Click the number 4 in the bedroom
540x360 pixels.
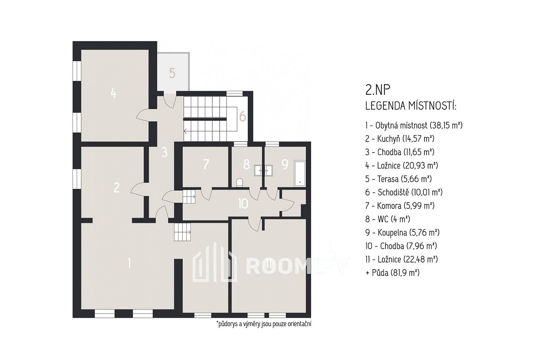113,93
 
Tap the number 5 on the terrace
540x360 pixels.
172,73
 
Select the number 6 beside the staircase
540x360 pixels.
243,117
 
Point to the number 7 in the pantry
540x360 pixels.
206,165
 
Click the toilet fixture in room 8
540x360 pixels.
240,183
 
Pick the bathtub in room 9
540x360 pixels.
300,174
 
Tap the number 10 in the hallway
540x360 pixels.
243,204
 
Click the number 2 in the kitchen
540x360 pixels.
117,187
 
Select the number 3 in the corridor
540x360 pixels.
165,152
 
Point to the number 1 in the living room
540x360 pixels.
130,263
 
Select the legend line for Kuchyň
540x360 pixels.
400,139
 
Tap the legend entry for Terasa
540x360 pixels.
399,179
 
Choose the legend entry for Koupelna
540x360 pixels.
402,233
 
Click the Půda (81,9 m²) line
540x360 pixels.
392,273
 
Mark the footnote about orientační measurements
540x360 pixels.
264,324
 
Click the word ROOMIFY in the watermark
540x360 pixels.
297,266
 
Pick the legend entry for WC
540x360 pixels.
388,219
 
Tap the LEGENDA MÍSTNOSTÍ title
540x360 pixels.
411,106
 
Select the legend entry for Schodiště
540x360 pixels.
404,192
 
